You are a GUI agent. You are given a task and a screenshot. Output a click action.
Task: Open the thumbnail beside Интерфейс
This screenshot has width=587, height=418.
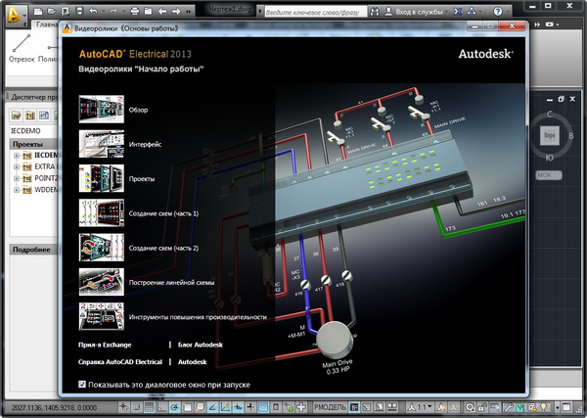(101, 145)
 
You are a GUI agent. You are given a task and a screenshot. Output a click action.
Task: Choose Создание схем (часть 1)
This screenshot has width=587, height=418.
(164, 213)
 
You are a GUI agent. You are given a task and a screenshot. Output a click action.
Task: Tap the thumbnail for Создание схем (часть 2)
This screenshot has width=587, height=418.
(101, 248)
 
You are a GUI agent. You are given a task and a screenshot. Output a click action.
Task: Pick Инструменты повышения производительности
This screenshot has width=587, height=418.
(198, 317)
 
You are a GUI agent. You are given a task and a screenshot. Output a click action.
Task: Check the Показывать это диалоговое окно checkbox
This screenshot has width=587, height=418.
(82, 385)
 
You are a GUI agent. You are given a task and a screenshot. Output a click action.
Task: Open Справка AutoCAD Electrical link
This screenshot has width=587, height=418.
(119, 362)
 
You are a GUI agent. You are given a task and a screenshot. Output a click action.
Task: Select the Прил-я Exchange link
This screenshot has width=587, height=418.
(104, 346)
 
